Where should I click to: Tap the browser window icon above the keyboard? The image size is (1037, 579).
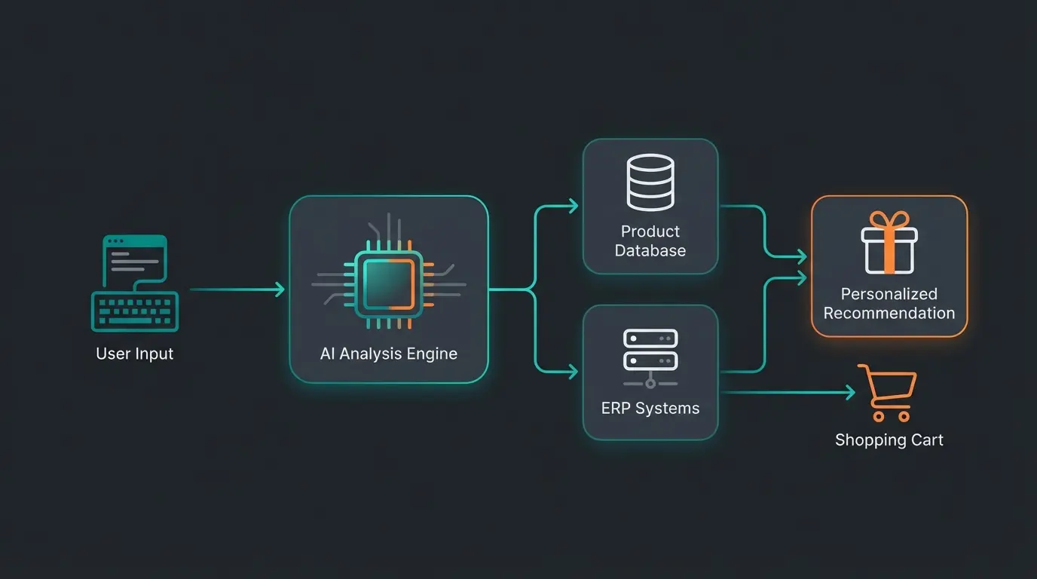coord(135,259)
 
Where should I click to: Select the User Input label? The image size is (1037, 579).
coord(135,354)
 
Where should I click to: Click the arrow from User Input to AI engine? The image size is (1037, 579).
coord(237,289)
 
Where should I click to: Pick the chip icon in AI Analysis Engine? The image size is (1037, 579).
coord(389,283)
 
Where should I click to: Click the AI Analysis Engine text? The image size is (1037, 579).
coord(389,353)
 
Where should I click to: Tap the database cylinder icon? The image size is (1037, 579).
coord(650,182)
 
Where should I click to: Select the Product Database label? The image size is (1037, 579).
coord(650,241)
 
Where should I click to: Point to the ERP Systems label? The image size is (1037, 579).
coord(650,409)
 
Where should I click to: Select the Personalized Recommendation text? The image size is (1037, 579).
coord(889,303)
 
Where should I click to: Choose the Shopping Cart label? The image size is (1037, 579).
coord(889,440)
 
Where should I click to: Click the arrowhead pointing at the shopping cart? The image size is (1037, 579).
coord(851,392)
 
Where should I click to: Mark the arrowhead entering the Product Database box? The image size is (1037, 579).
coord(574,206)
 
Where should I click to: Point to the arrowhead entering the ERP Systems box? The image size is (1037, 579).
coord(574,371)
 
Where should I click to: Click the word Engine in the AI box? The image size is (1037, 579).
coord(433,353)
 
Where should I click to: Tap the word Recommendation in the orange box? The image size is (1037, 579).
coord(889,313)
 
